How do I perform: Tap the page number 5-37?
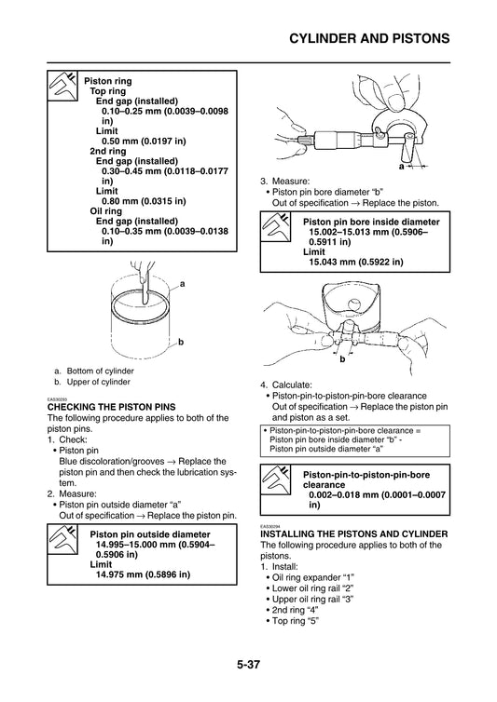248,666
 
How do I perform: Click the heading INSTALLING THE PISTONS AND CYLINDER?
353,533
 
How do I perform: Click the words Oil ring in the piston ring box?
106,210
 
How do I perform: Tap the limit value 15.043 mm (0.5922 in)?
356,263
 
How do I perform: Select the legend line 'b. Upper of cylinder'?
92,382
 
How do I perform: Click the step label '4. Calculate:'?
290,384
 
